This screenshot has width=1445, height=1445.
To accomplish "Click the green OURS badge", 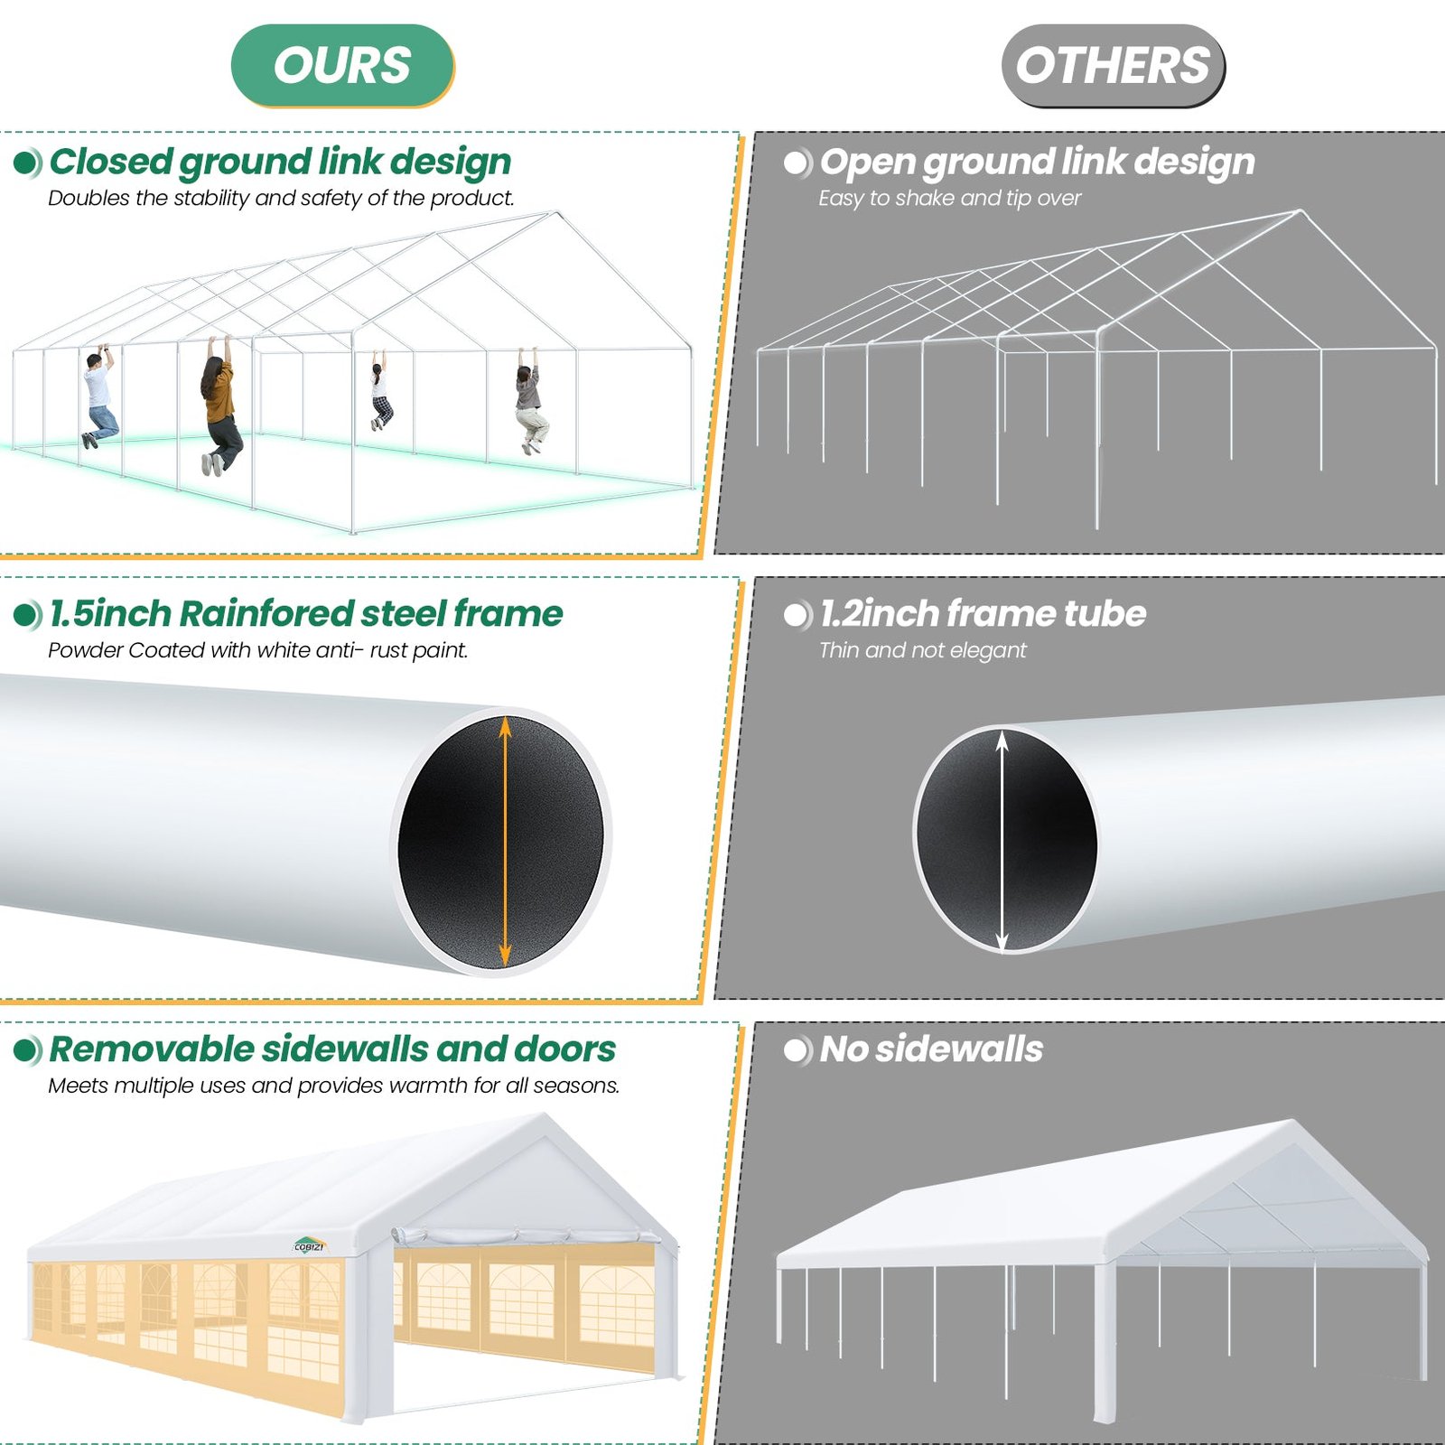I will [341, 66].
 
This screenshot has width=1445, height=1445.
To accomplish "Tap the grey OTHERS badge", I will [1112, 66].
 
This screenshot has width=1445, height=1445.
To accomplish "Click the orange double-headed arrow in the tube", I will [504, 841].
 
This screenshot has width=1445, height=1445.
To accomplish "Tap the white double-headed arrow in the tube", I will [1001, 841].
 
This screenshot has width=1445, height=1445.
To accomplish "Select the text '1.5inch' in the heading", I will [109, 614].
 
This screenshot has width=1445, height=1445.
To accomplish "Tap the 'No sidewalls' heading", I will [930, 1049].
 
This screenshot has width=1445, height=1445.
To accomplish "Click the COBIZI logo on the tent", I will [309, 1246].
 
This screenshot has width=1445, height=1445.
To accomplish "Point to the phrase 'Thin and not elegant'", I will [922, 650].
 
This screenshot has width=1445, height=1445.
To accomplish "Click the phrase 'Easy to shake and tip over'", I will [948, 198].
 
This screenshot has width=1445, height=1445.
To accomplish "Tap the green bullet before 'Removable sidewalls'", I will [27, 1050].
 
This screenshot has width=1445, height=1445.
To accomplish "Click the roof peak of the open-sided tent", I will [1293, 1124].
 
